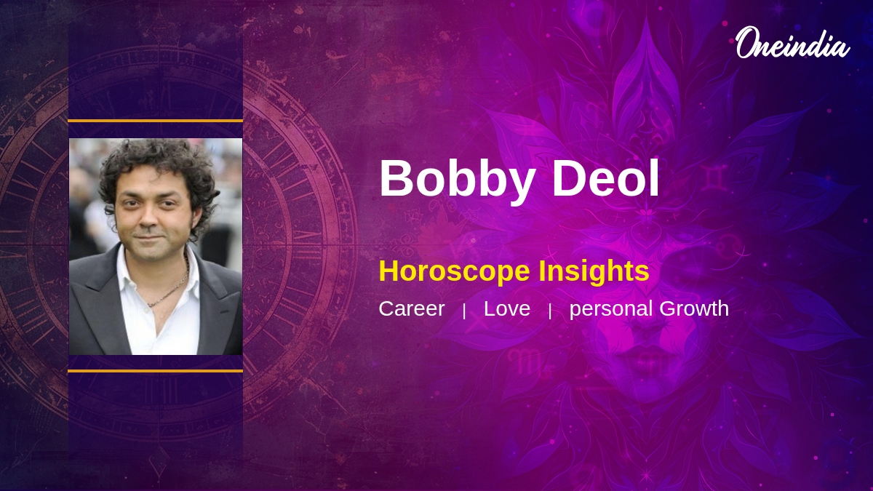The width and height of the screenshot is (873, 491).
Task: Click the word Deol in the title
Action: click(605, 177)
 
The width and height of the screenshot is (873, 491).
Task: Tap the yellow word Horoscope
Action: click(454, 272)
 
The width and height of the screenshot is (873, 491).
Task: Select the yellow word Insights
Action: click(594, 272)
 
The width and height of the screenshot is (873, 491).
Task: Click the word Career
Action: click(412, 308)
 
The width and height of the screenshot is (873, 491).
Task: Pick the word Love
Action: click(507, 308)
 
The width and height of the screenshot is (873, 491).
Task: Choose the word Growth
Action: click(694, 308)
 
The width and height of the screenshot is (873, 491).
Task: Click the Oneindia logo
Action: click(793, 43)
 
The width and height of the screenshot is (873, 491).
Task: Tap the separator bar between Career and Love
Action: click(464, 311)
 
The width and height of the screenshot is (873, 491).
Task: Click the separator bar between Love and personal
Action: click(550, 311)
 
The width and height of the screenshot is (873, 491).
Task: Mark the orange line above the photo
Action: click(156, 121)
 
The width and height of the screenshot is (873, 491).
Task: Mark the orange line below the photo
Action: click(156, 371)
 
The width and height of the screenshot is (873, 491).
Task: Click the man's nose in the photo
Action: click(148, 219)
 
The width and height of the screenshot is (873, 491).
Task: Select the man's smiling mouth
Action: click(149, 237)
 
